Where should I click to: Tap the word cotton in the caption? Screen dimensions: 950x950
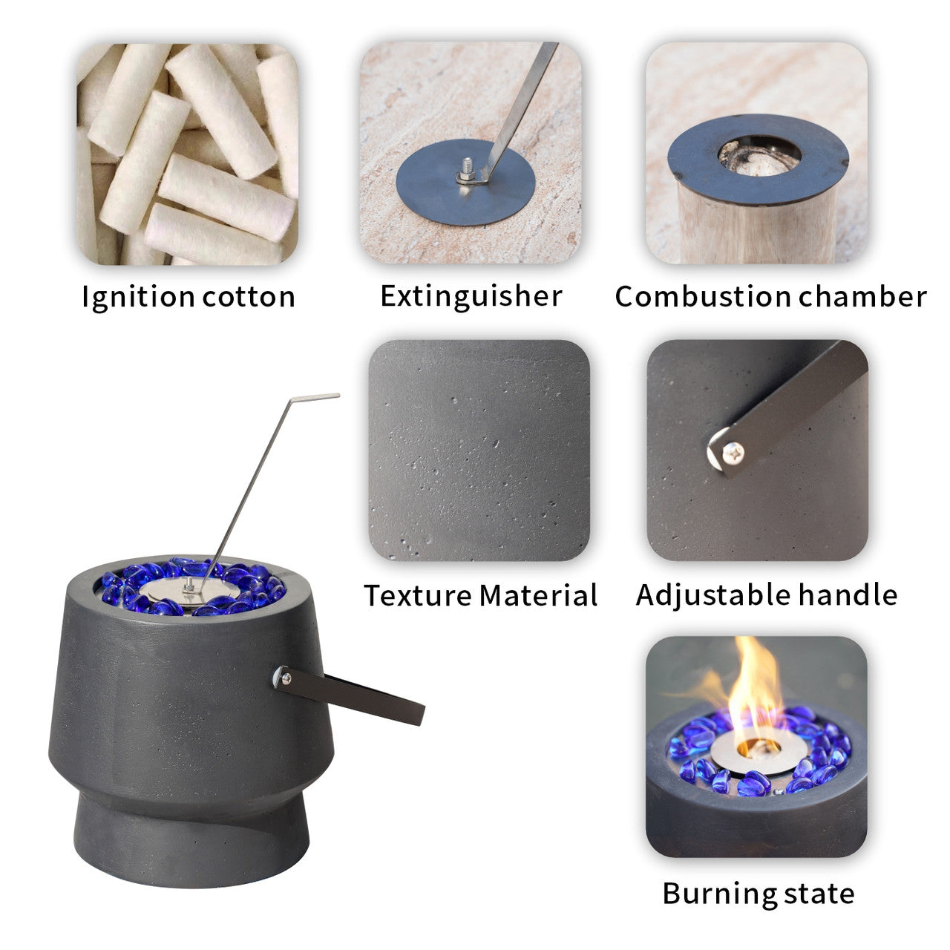coord(249,298)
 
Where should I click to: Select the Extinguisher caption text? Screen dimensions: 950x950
coord(471,297)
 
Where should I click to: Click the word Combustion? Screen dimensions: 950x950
coord(703,296)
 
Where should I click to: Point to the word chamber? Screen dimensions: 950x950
coord(862,296)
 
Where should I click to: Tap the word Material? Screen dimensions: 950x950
coord(539,595)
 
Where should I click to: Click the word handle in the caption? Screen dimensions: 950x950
coord(848,594)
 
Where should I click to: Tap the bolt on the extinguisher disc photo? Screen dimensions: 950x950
coord(465,169)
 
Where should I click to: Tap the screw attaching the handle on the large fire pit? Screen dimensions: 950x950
coord(285,679)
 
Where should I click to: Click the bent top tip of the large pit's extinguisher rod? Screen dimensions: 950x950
coord(338,395)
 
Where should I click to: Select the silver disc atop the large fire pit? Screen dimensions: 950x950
coord(183,589)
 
